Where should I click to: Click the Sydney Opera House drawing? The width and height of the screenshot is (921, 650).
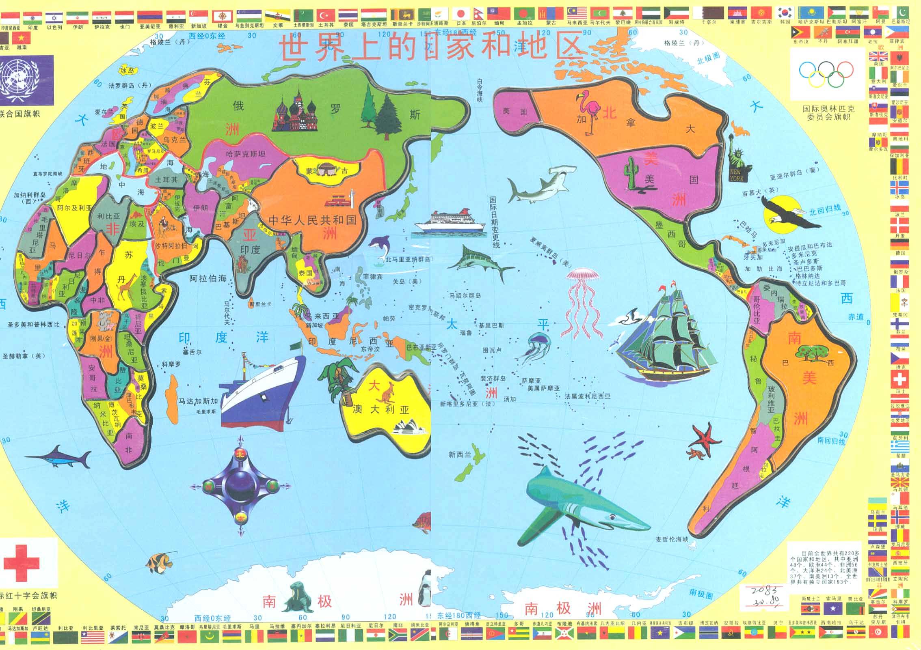tap(408, 426)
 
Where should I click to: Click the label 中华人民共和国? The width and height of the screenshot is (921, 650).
tap(312, 220)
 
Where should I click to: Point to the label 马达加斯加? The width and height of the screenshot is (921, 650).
tap(198, 401)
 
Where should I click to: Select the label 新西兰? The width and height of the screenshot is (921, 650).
tap(460, 455)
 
